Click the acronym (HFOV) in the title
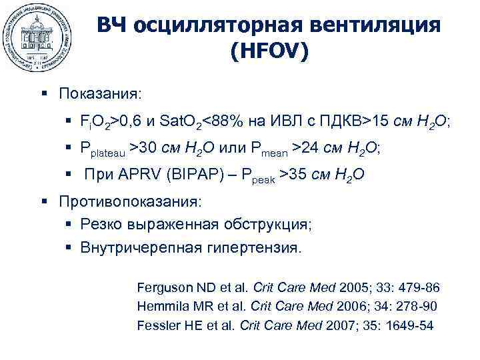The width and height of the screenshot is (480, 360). [269, 52]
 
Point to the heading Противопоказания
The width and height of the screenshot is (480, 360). [130, 201]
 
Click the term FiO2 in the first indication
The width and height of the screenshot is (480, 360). [95, 121]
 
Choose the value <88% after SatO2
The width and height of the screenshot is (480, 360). [223, 121]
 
